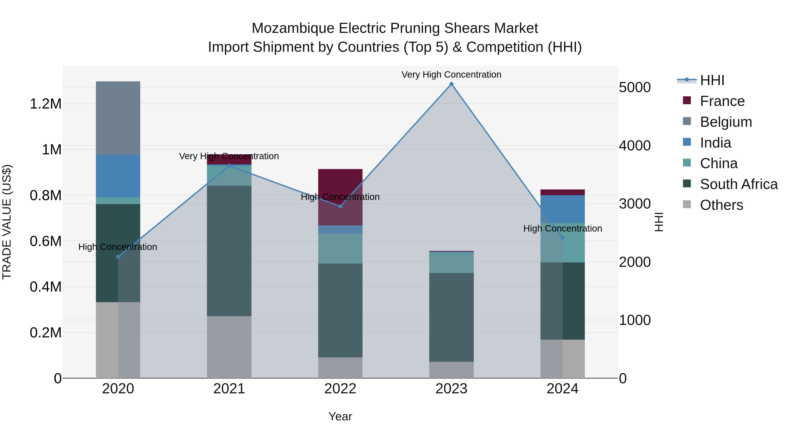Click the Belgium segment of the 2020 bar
click(x=118, y=118)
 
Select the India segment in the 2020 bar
click(x=118, y=176)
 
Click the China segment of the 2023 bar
click(x=451, y=263)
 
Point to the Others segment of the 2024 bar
click(x=562, y=358)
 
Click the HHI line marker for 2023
click(x=451, y=84)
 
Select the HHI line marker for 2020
click(x=118, y=257)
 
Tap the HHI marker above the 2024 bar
click(x=562, y=238)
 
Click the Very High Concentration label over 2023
click(x=451, y=75)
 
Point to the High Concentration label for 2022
click(x=340, y=197)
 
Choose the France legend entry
click(x=722, y=101)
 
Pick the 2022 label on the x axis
click(x=340, y=389)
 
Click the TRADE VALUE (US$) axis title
click(x=7, y=222)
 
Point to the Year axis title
click(x=340, y=416)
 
